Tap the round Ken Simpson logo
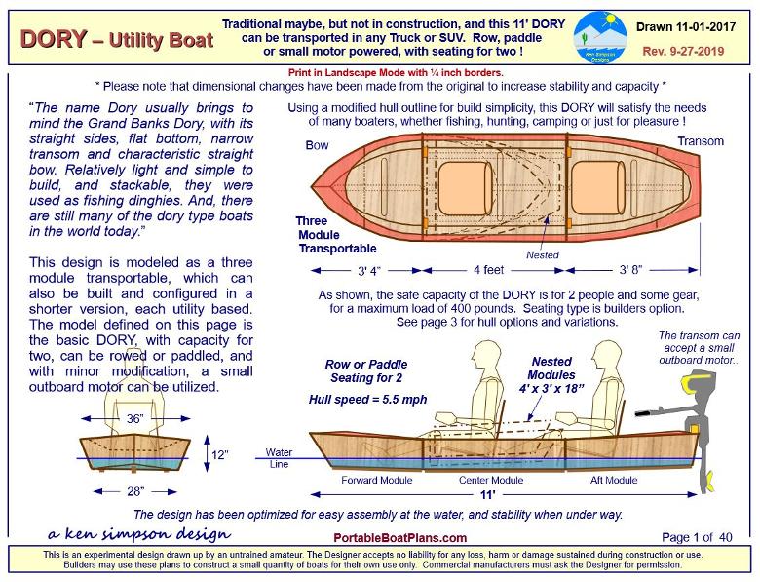(600, 38)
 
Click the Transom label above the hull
(701, 141)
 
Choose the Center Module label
(492, 481)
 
